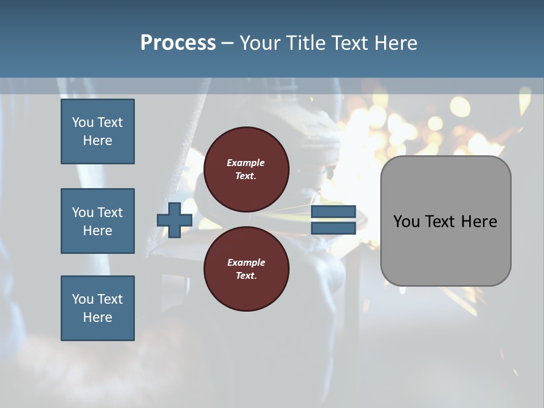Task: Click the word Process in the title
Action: click(178, 43)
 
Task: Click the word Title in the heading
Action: click(305, 43)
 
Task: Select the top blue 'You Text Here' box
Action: click(97, 131)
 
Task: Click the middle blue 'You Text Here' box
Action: click(97, 221)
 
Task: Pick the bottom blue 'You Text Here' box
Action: click(97, 308)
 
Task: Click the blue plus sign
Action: click(175, 220)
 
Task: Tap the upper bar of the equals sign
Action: click(333, 212)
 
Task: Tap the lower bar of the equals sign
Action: click(333, 228)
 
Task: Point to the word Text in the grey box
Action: click(442, 222)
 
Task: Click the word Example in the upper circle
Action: click(246, 163)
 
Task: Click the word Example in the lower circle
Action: click(246, 262)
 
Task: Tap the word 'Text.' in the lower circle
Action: click(246, 276)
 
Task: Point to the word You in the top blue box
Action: click(83, 122)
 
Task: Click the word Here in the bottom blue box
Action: click(97, 317)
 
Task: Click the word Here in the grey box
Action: click(479, 222)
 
